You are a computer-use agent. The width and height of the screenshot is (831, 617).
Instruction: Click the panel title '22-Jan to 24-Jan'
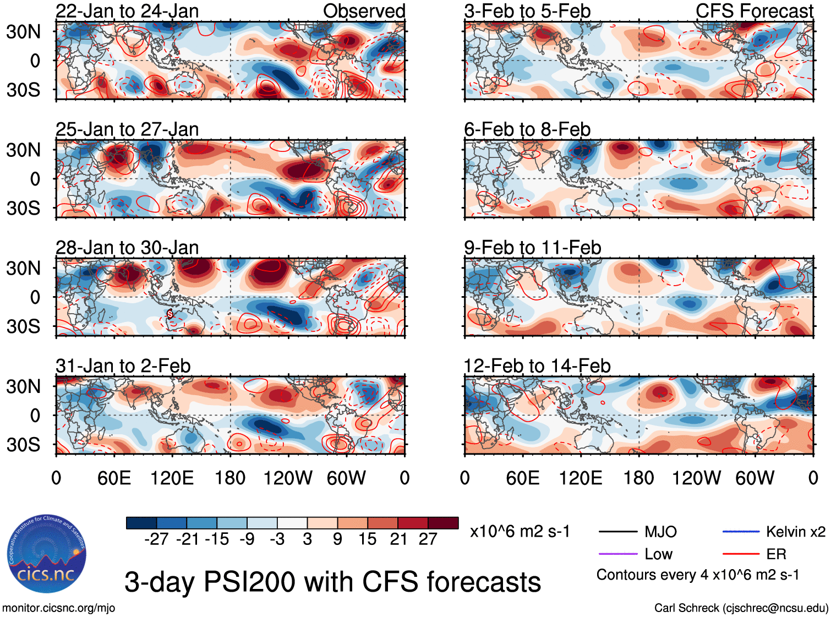pyautogui.click(x=127, y=11)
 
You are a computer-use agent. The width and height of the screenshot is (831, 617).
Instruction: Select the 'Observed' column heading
pyautogui.click(x=364, y=11)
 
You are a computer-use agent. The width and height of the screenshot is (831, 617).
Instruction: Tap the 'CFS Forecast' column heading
pyautogui.click(x=754, y=11)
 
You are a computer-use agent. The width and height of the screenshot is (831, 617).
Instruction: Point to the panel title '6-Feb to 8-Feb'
pyautogui.click(x=527, y=129)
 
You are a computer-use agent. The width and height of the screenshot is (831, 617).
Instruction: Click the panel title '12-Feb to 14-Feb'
pyautogui.click(x=537, y=366)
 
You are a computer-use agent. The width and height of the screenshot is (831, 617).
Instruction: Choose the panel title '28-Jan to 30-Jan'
pyautogui.click(x=127, y=248)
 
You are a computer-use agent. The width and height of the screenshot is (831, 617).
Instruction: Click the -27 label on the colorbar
pyautogui.click(x=156, y=539)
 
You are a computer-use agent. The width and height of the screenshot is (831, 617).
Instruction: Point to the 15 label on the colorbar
pyautogui.click(x=367, y=539)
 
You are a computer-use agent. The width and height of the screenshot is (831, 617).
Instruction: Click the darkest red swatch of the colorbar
pyautogui.click(x=443, y=523)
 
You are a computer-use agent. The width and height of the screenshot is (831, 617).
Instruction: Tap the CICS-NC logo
pyautogui.click(x=47, y=554)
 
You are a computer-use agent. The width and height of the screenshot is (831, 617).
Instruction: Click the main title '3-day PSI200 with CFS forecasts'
pyautogui.click(x=332, y=582)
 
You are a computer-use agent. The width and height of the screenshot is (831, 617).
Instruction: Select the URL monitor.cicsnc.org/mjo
pyautogui.click(x=58, y=608)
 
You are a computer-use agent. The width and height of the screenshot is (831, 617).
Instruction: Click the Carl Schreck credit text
pyautogui.click(x=741, y=608)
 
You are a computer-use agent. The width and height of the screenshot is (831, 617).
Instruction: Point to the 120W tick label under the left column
pyautogui.click(x=288, y=478)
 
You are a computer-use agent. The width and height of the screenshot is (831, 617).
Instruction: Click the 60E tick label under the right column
pyautogui.click(x=522, y=478)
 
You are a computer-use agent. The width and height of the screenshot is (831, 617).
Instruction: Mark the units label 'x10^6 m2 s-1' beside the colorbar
pyautogui.click(x=520, y=532)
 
